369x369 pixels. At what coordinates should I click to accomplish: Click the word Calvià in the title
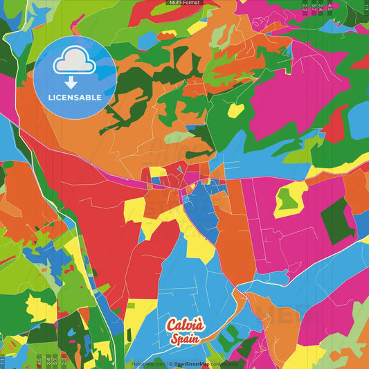pyautogui.click(x=185, y=325)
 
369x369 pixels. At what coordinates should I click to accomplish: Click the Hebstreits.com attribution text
pyautogui.click(x=147, y=363)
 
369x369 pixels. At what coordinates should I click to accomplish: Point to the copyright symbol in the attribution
pyautogui.click(x=170, y=363)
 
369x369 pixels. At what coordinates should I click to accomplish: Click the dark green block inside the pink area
pyautogui.click(x=336, y=220)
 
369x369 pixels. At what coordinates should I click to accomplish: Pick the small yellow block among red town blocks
pyautogui.click(x=158, y=172)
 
